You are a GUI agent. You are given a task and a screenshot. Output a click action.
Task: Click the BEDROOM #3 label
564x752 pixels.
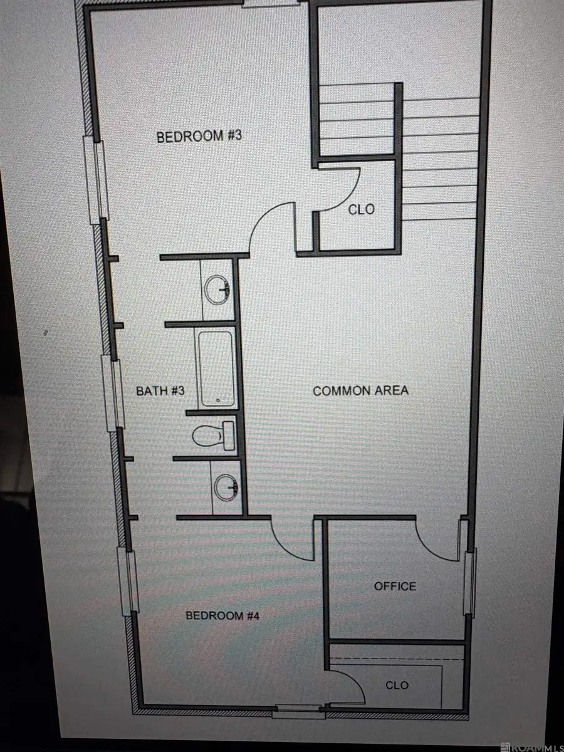click(x=199, y=136)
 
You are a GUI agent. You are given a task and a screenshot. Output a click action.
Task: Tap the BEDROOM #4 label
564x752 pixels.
click(x=222, y=615)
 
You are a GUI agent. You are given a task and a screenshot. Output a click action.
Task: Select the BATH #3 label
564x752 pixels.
click(x=160, y=390)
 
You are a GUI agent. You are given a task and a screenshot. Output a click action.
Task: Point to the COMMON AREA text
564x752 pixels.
click(x=360, y=390)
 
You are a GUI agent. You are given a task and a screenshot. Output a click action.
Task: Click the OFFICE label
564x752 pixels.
click(x=395, y=586)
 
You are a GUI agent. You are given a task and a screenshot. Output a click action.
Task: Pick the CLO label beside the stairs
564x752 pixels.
click(x=362, y=209)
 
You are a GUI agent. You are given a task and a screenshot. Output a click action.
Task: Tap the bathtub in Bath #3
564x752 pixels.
click(x=216, y=368)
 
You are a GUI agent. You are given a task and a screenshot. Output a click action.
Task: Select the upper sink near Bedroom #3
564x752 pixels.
click(x=217, y=290)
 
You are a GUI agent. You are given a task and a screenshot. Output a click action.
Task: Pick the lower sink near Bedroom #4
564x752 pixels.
click(x=226, y=488)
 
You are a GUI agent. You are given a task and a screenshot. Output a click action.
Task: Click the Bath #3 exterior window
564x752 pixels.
click(x=113, y=393)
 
